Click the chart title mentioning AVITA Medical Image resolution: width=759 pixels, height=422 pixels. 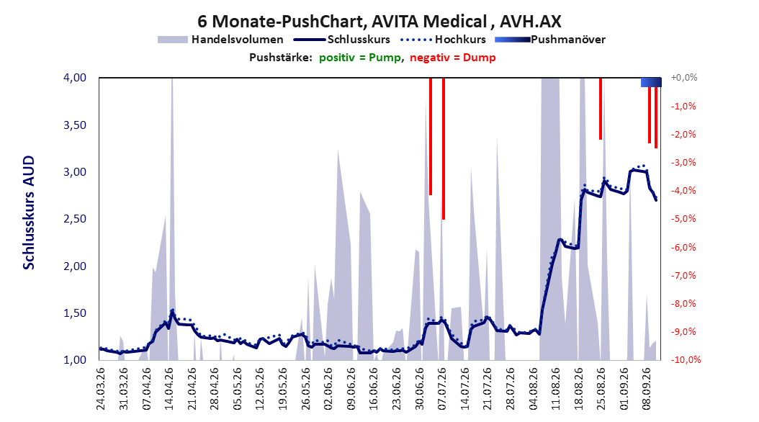pos(379,22)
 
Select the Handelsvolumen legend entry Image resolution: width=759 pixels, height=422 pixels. pos(220,40)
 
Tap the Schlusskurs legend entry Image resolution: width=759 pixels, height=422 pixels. pos(341,40)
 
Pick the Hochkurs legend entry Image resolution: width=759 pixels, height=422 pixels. pos(443,40)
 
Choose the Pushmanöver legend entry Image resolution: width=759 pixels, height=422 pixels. pos(550,40)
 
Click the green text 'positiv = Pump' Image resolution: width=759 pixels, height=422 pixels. pos(360,58)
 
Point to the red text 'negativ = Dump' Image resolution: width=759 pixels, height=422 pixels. pos(453,58)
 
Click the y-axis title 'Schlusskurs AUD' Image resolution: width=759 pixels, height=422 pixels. pos(29,212)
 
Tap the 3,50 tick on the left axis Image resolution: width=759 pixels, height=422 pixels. pos(75,125)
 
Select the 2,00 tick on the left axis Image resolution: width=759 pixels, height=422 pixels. pos(75,266)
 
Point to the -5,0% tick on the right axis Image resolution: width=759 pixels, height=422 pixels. pos(683,219)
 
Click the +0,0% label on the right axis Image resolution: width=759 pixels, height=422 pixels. pos(684,78)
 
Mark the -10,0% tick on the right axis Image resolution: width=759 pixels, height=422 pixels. pos(686,359)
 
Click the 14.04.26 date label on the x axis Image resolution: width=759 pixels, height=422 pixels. pos(169,389)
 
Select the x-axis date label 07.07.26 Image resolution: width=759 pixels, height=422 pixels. pos(442,389)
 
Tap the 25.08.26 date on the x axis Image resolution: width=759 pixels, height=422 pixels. pos(601,389)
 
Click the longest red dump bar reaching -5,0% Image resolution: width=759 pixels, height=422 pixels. pos(444,148)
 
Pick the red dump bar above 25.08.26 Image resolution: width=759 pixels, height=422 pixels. pos(601,109)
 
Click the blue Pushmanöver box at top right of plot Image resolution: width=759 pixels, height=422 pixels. pos(651,82)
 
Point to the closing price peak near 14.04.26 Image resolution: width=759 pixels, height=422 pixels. pos(172,311)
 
